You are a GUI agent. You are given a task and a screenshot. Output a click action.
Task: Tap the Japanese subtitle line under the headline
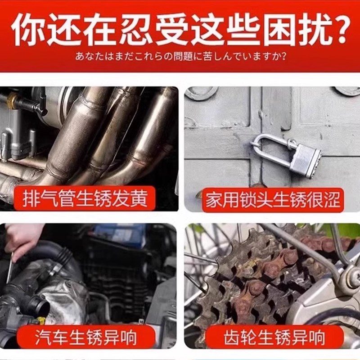pyautogui.click(x=180, y=58)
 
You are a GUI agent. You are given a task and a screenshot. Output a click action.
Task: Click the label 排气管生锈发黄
pyautogui.click(x=85, y=198)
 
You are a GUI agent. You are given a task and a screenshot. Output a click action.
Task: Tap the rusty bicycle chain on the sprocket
pyautogui.click(x=274, y=265)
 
